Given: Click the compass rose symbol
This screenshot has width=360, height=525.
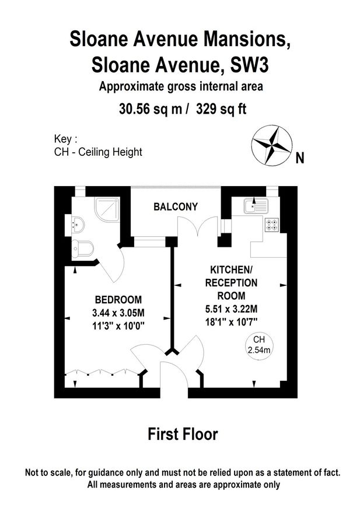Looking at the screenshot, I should tap(272, 144).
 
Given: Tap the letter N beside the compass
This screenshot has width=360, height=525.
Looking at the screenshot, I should tap(300, 158).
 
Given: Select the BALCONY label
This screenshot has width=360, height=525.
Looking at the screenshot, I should tap(176, 206).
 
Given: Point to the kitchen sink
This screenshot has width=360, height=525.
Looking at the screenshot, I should tap(256, 205).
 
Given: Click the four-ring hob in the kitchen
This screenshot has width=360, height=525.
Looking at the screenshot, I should tap(272, 225).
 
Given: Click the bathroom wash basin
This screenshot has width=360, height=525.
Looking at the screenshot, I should tap(78, 223).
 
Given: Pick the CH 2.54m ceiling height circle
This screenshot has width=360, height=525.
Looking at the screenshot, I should tap(257, 344).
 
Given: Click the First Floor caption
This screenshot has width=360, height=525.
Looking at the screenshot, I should tap(183, 434).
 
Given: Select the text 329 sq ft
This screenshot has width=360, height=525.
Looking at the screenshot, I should tap(222, 109).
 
